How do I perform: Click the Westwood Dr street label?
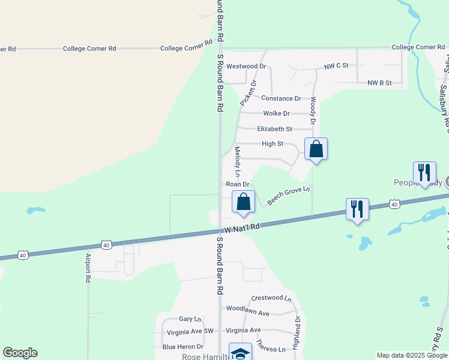(x=246, y=66)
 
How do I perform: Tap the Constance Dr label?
(x=281, y=98)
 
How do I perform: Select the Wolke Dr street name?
(x=276, y=113)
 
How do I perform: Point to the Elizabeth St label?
(x=274, y=129)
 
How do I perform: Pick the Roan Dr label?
(x=237, y=184)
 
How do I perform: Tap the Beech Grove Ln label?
(x=288, y=196)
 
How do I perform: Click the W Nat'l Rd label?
(x=243, y=228)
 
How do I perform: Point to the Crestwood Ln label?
(x=271, y=298)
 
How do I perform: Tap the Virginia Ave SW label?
(x=190, y=331)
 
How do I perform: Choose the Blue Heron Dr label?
(x=183, y=347)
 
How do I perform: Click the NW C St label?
(x=336, y=66)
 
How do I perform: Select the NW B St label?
(x=379, y=83)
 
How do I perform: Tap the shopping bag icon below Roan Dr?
(x=243, y=203)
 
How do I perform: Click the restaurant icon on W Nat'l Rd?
(x=357, y=209)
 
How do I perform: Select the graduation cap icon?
(x=241, y=353)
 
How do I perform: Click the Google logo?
(x=20, y=353)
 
